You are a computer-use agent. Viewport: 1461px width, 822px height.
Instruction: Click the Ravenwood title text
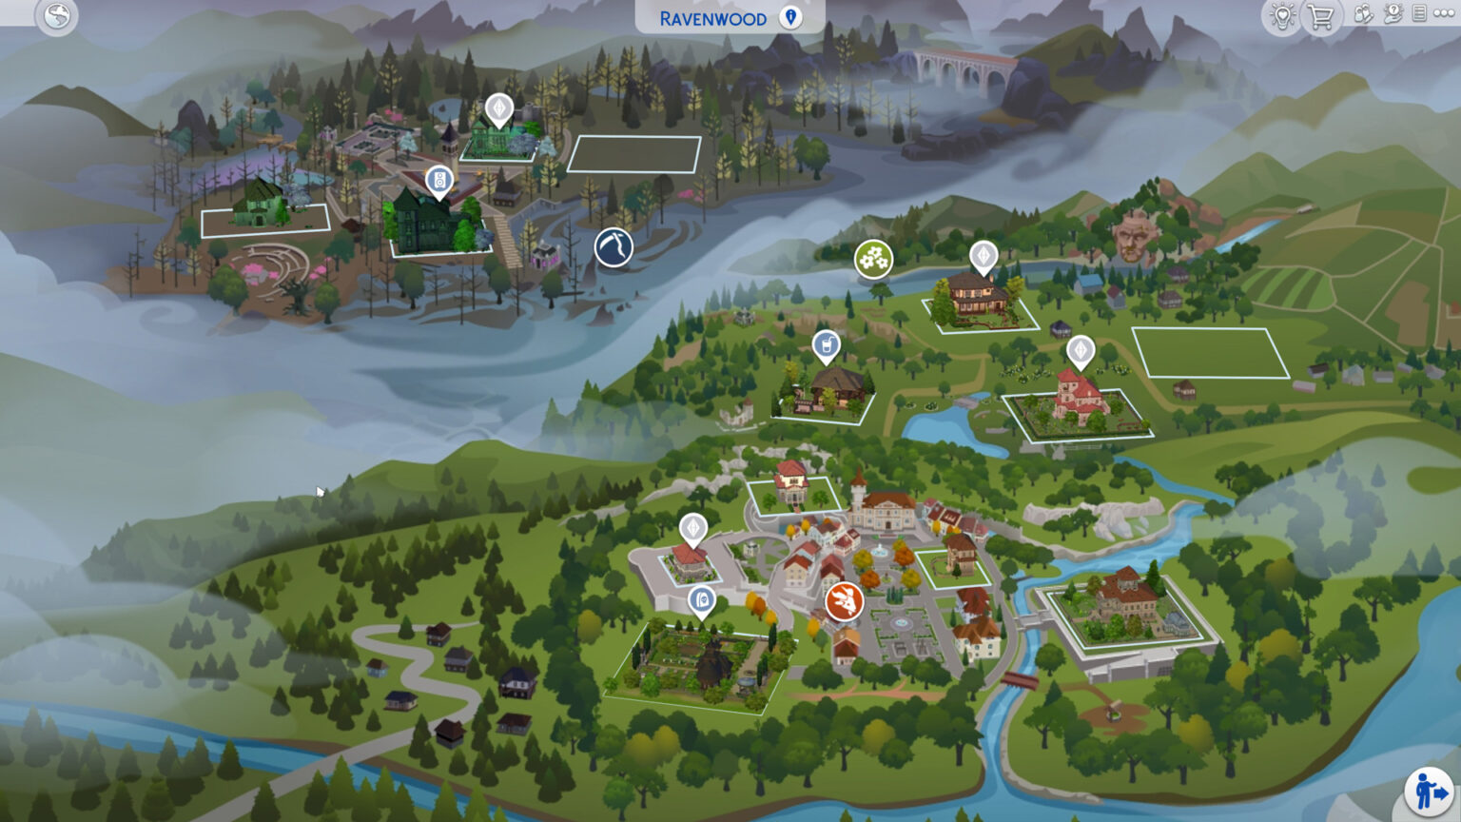[712, 18]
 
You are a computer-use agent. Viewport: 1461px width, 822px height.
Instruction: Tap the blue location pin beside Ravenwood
[790, 17]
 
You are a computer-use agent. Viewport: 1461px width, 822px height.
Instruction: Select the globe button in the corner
[57, 15]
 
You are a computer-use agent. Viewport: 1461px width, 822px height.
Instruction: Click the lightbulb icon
[1282, 16]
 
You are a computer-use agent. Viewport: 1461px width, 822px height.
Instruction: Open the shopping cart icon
[1320, 16]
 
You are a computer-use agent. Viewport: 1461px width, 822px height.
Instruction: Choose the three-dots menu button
[1444, 13]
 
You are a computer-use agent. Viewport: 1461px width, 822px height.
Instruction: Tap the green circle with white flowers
[873, 259]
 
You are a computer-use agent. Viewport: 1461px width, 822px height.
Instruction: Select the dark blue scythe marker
[614, 248]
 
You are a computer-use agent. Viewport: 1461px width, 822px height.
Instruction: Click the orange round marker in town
[844, 601]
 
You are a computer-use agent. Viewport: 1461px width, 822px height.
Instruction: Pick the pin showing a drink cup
[827, 345]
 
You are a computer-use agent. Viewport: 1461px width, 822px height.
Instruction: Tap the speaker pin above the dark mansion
[438, 180]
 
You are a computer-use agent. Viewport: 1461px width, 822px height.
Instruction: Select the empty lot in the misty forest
[634, 154]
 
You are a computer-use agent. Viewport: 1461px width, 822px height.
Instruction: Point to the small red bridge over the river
[1019, 680]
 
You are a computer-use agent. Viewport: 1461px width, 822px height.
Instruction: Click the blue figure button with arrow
[1430, 792]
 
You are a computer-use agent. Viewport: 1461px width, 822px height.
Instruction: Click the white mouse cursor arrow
[321, 492]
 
